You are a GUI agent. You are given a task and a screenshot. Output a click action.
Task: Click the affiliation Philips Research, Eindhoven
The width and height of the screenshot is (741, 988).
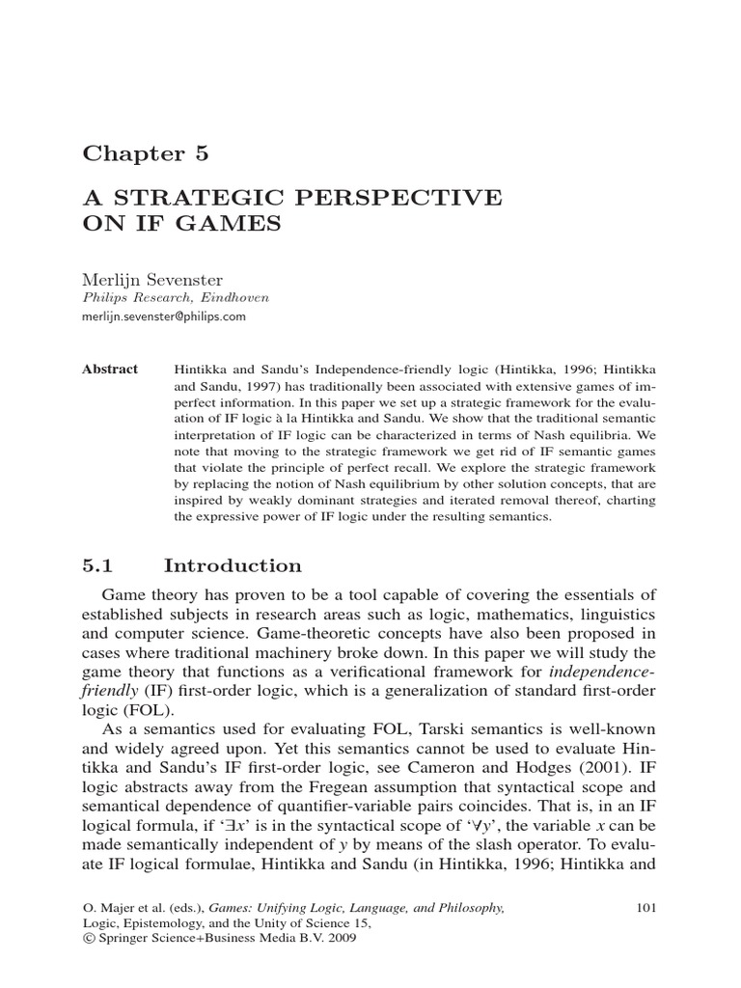pyautogui.click(x=175, y=297)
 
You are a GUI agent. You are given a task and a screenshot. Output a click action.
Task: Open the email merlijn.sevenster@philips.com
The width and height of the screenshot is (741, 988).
pyautogui.click(x=164, y=316)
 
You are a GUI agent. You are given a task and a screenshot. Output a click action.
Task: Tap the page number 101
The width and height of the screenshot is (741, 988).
pyautogui.click(x=648, y=907)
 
